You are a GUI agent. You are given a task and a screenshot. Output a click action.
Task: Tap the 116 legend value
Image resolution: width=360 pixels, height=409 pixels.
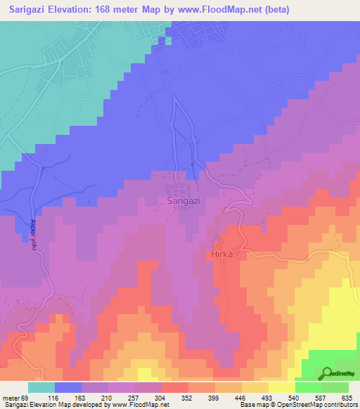pyautogui.click(x=69, y=398)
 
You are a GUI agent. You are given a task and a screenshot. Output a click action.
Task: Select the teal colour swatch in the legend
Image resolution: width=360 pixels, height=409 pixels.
pyautogui.click(x=41, y=387)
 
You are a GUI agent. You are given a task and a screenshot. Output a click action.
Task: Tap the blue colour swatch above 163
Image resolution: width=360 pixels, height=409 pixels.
pyautogui.click(x=68, y=387)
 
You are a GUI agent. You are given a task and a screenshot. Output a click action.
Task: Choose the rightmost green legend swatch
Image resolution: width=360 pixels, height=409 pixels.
pyautogui.click(x=335, y=387)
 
